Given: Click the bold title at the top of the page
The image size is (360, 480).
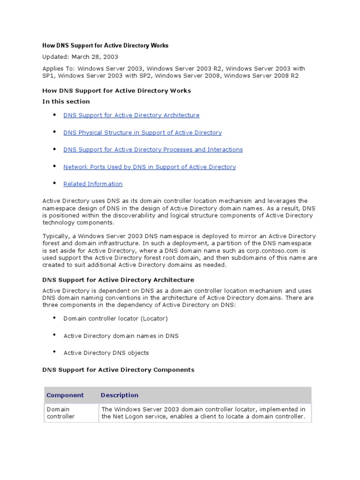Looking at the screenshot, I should click(x=105, y=45).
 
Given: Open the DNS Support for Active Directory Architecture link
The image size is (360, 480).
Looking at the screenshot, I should click(x=131, y=115).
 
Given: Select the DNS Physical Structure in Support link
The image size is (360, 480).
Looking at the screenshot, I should click(x=142, y=133).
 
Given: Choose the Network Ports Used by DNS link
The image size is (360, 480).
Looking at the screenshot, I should click(x=150, y=167).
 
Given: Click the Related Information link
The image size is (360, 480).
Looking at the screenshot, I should click(x=93, y=184).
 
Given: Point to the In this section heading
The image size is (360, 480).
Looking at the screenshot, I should click(x=66, y=101).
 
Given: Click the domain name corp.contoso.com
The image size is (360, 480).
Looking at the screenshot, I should click(x=270, y=251).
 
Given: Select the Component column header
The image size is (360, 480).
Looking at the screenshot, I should click(x=65, y=395).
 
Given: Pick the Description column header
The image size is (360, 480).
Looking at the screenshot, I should click(x=120, y=395).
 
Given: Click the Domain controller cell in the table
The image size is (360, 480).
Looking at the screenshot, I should click(x=60, y=412).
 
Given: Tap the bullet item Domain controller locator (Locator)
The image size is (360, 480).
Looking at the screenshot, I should click(x=115, y=318).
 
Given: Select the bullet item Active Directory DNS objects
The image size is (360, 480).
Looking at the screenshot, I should click(x=106, y=353).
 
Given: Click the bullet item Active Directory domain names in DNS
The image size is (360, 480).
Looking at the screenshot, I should click(x=121, y=336).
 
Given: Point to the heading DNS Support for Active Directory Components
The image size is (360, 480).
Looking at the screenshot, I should click(x=118, y=370).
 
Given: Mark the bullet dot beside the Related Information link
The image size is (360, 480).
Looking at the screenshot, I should click(x=54, y=183).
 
